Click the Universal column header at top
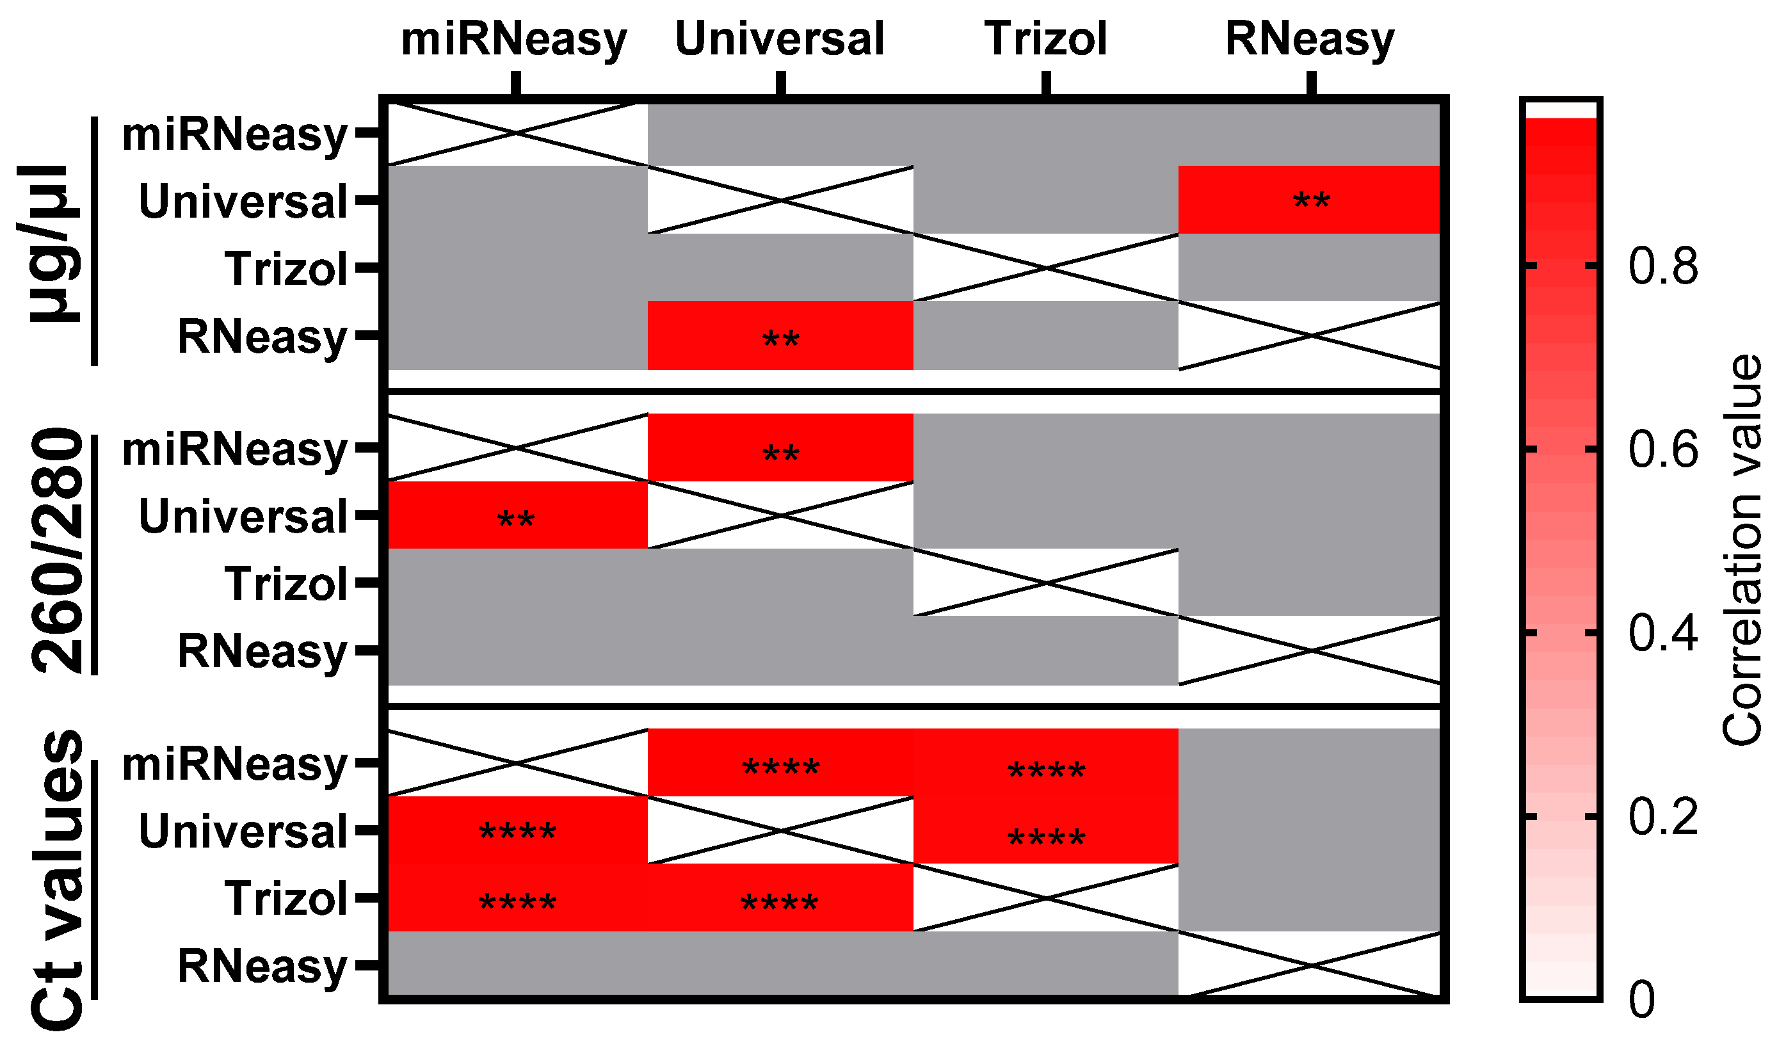(780, 39)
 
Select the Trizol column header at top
(1045, 39)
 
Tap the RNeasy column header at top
(1310, 39)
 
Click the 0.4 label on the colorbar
(1662, 633)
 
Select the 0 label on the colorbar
(1641, 1000)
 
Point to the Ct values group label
(57, 880)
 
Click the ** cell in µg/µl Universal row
(1310, 200)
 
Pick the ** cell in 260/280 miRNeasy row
(780, 454)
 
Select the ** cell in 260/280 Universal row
(516, 520)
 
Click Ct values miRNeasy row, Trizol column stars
(1046, 770)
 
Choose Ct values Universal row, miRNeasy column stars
(517, 832)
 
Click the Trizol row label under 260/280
(286, 584)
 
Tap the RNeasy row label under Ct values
(262, 966)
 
